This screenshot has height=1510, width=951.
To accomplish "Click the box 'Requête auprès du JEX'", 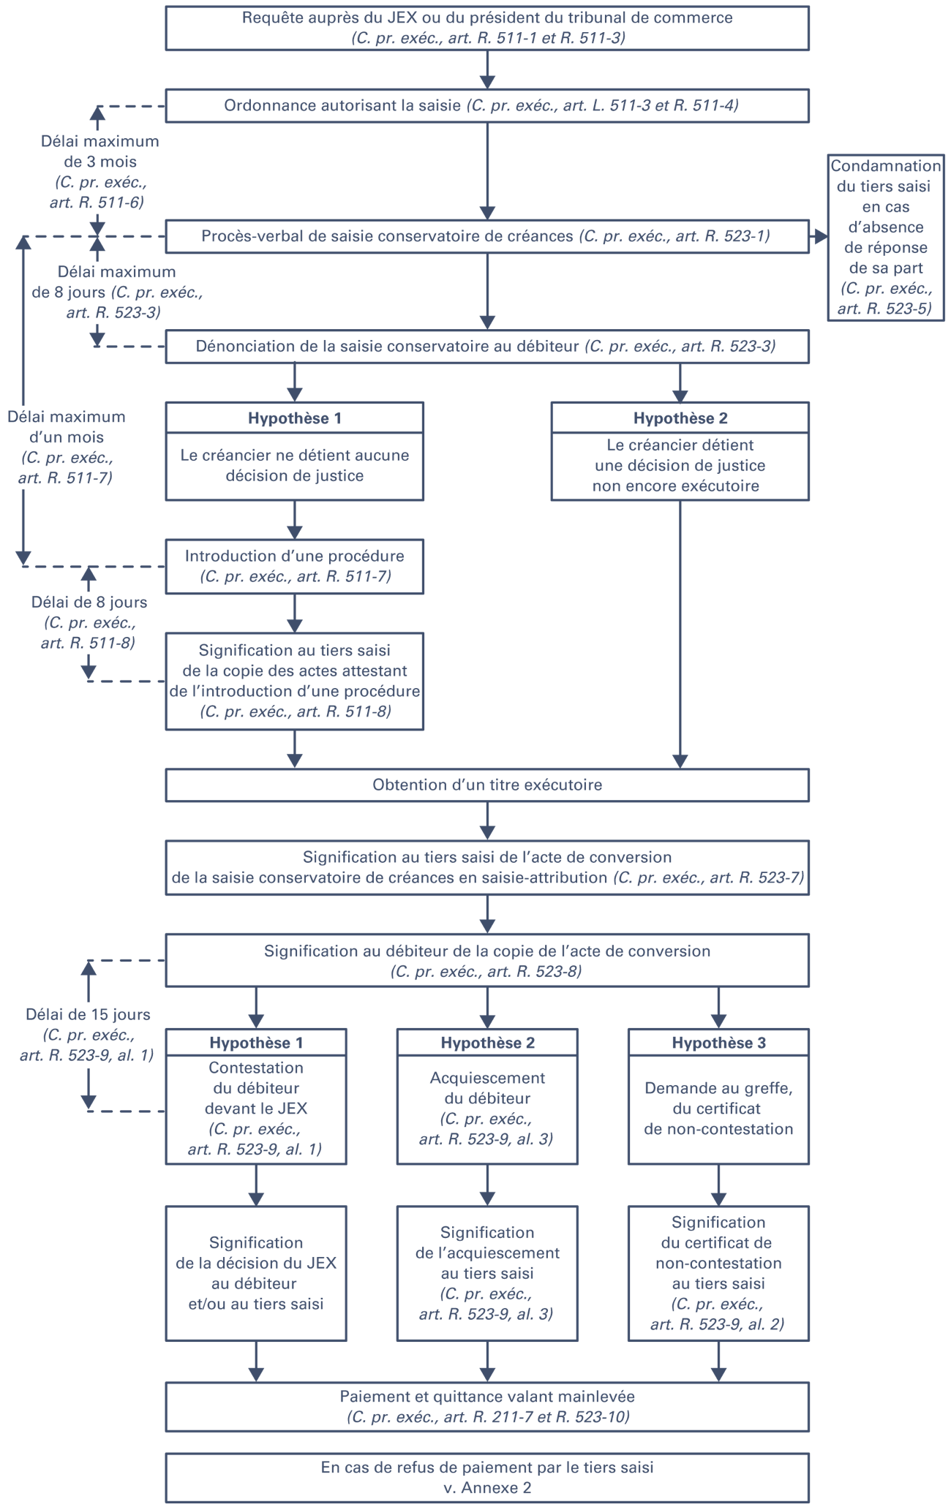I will [x=487, y=28].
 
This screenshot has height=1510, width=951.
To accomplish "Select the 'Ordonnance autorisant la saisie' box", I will [x=487, y=105].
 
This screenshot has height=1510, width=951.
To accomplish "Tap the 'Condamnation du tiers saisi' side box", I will [x=886, y=237].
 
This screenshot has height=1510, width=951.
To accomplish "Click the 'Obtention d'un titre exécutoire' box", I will [x=487, y=785].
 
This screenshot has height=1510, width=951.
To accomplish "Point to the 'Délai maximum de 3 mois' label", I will [x=99, y=172].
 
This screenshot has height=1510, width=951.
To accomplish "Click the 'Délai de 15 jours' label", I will [x=88, y=1035].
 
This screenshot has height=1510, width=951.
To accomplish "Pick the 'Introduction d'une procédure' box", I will [x=295, y=566].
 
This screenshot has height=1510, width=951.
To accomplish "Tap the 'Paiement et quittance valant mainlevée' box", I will [x=487, y=1406].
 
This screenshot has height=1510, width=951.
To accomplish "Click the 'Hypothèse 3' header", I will [x=718, y=1043].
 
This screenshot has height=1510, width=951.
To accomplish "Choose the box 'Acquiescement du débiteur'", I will [x=487, y=1109].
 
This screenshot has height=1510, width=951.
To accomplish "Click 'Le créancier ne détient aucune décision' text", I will [x=295, y=466].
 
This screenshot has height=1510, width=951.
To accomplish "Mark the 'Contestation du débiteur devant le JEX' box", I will [x=256, y=1109].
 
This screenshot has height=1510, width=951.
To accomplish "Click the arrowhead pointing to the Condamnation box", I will [x=820, y=236].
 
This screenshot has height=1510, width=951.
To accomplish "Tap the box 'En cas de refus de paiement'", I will [x=487, y=1477].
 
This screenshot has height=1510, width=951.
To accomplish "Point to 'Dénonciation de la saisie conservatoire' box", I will [x=487, y=347].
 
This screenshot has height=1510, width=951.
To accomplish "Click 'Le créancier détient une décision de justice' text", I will [x=680, y=465].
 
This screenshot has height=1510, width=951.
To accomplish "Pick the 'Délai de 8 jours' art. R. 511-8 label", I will [x=89, y=622].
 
